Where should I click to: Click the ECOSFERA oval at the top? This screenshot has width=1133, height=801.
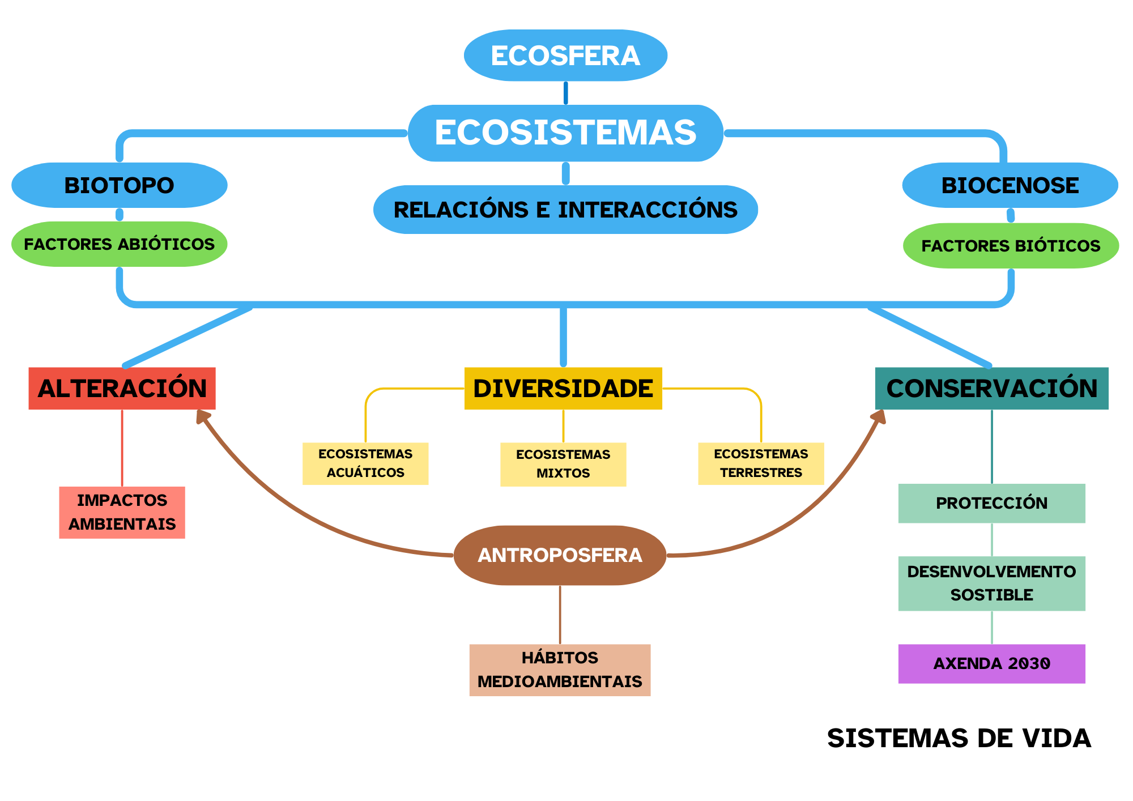565,56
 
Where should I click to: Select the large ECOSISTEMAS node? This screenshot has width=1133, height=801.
565,133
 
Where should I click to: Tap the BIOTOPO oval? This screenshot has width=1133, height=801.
119,185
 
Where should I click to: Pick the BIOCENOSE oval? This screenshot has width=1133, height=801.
1010,185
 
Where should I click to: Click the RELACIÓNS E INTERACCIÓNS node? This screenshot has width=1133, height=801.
565,210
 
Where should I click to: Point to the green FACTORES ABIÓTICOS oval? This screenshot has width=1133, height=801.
119,244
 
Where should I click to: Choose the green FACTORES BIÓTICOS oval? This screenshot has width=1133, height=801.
1011,246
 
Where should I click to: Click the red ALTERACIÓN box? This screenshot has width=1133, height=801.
122,389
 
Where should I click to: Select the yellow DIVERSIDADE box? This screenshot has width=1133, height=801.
563,389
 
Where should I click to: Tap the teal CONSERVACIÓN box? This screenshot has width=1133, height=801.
991,389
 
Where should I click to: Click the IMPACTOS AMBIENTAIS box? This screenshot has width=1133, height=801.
122,512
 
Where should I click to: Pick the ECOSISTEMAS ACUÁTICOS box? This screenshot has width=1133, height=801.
365,463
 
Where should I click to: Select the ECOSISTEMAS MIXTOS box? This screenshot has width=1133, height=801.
563,464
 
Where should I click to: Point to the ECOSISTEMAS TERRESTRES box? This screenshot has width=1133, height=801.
761,463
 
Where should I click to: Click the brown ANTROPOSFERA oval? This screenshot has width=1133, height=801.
560,555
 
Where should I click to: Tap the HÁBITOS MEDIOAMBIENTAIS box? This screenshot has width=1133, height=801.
560,670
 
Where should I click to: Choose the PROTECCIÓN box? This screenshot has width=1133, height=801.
991,503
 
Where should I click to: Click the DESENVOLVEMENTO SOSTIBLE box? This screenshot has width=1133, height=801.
991,583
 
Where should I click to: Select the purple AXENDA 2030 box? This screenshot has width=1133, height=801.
991,663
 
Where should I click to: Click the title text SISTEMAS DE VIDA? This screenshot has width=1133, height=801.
959,739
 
